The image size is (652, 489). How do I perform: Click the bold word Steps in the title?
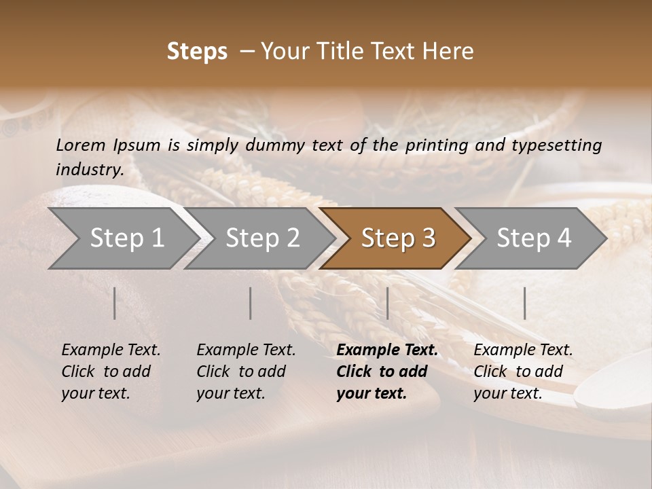pyautogui.click(x=197, y=52)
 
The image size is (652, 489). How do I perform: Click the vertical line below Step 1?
pyautogui.click(x=115, y=303)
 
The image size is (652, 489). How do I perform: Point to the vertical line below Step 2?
pyautogui.click(x=251, y=303)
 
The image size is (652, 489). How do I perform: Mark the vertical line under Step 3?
pyautogui.click(x=387, y=303)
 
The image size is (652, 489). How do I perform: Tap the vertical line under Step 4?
pyautogui.click(x=524, y=303)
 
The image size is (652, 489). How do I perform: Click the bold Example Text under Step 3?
pyautogui.click(x=387, y=350)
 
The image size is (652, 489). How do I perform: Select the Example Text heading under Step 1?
pyautogui.click(x=111, y=350)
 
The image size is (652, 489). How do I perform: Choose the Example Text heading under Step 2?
pyautogui.click(x=246, y=350)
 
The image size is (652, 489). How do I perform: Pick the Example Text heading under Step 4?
pyautogui.click(x=523, y=350)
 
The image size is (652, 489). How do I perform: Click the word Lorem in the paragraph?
pyautogui.click(x=81, y=145)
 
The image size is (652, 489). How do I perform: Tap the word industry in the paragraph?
pyautogui.click(x=89, y=169)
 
